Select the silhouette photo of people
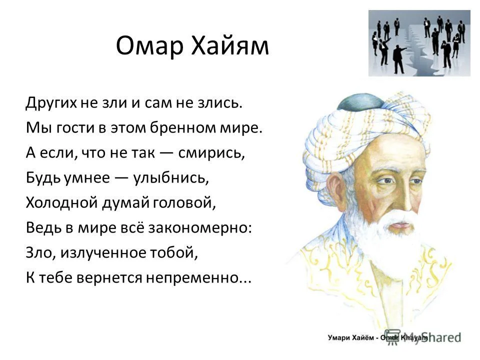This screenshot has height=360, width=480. tap(419, 43)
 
